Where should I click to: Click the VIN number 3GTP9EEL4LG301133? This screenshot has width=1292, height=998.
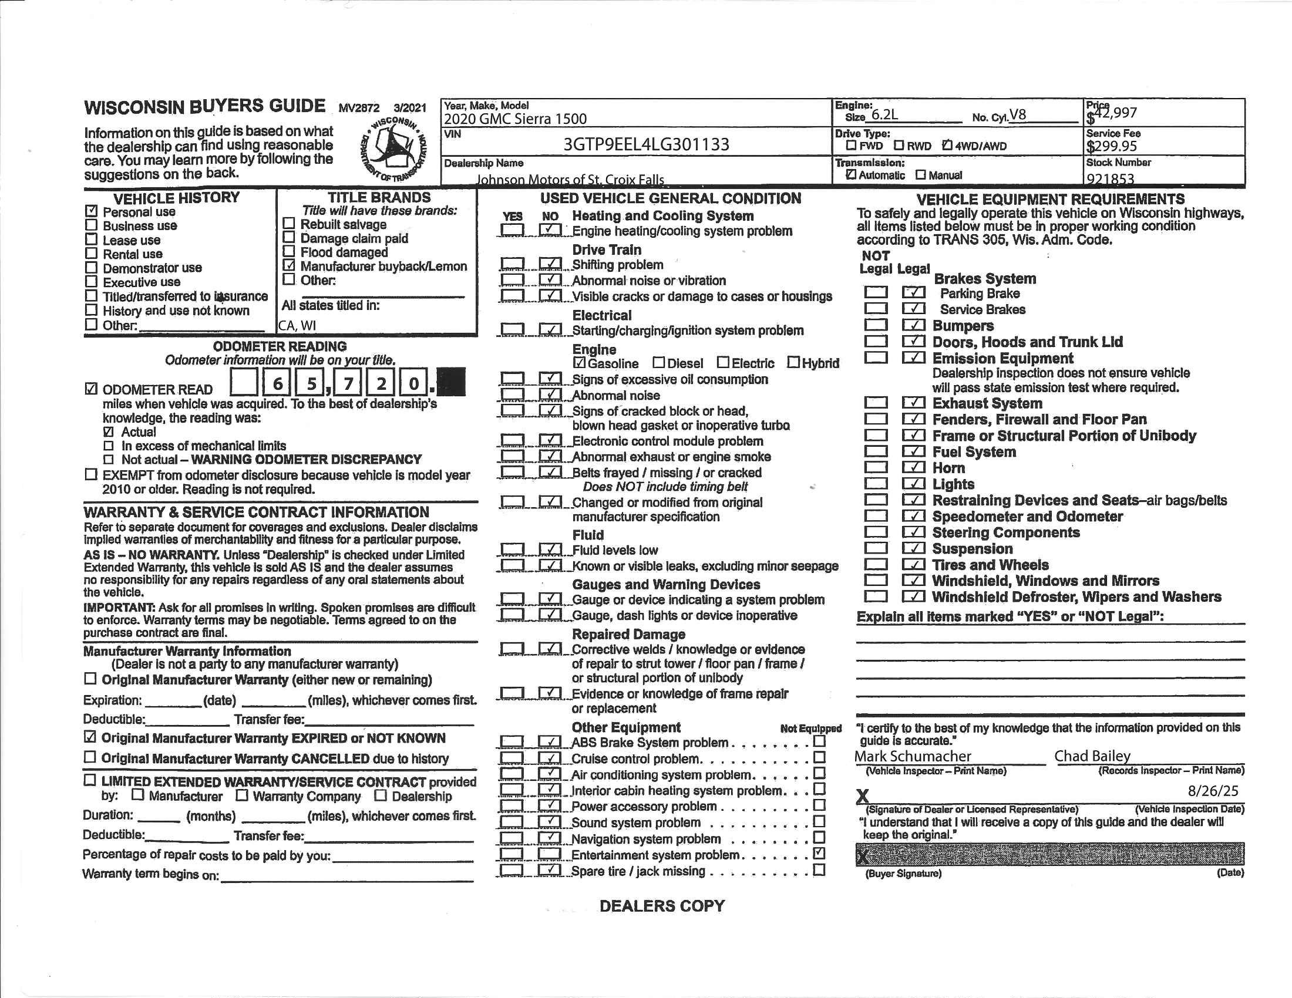tap(646, 145)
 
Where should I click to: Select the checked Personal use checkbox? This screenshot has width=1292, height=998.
tap(91, 211)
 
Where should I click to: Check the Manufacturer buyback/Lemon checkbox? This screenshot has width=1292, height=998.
tap(289, 265)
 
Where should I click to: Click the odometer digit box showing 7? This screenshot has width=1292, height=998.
tap(348, 384)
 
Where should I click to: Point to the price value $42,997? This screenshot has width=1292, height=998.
tap(1112, 113)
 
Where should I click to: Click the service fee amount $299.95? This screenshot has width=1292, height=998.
tap(1111, 146)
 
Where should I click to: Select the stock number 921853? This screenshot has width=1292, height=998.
tap(1110, 178)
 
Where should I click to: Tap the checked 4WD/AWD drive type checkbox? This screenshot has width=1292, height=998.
tap(947, 146)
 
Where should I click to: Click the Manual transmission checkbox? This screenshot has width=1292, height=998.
tap(920, 175)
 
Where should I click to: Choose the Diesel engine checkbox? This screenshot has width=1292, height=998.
tap(658, 362)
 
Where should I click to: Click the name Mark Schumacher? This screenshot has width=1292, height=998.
tap(912, 756)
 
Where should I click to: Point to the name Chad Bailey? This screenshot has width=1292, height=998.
tap(1092, 756)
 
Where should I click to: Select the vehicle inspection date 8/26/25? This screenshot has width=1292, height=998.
tap(1213, 791)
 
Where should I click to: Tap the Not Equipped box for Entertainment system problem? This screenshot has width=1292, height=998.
tap(819, 853)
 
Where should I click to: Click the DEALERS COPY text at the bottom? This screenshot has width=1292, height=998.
tap(662, 906)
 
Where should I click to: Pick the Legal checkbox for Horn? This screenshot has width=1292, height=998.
tap(913, 468)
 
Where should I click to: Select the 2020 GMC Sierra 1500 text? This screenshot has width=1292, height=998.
tap(515, 119)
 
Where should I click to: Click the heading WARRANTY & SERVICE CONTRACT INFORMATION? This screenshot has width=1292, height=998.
tap(256, 513)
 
